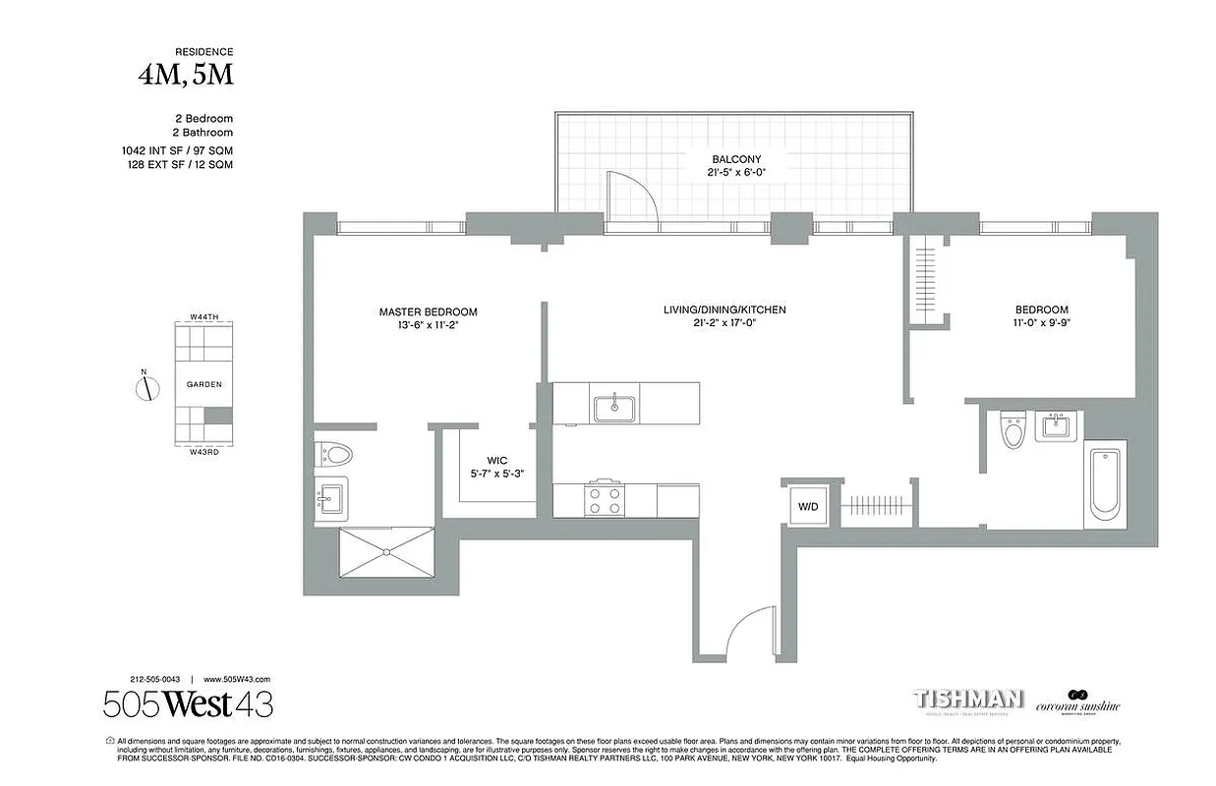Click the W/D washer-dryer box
pyautogui.click(x=807, y=506)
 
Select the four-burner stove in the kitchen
pyautogui.click(x=604, y=500)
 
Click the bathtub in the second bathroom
pyautogui.click(x=1106, y=483)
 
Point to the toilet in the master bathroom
pyautogui.click(x=335, y=454)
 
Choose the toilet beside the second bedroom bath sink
pyautogui.click(x=1013, y=430)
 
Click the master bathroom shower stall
pyautogui.click(x=385, y=552)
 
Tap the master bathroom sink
pyautogui.click(x=331, y=498)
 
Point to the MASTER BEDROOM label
pyautogui.click(x=428, y=312)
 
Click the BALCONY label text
pyautogui.click(x=736, y=159)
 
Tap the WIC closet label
pyautogui.click(x=496, y=460)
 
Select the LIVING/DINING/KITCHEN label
pyautogui.click(x=724, y=310)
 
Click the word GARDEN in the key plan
pyautogui.click(x=203, y=385)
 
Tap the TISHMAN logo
pyautogui.click(x=968, y=700)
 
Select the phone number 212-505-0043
pyautogui.click(x=154, y=679)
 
